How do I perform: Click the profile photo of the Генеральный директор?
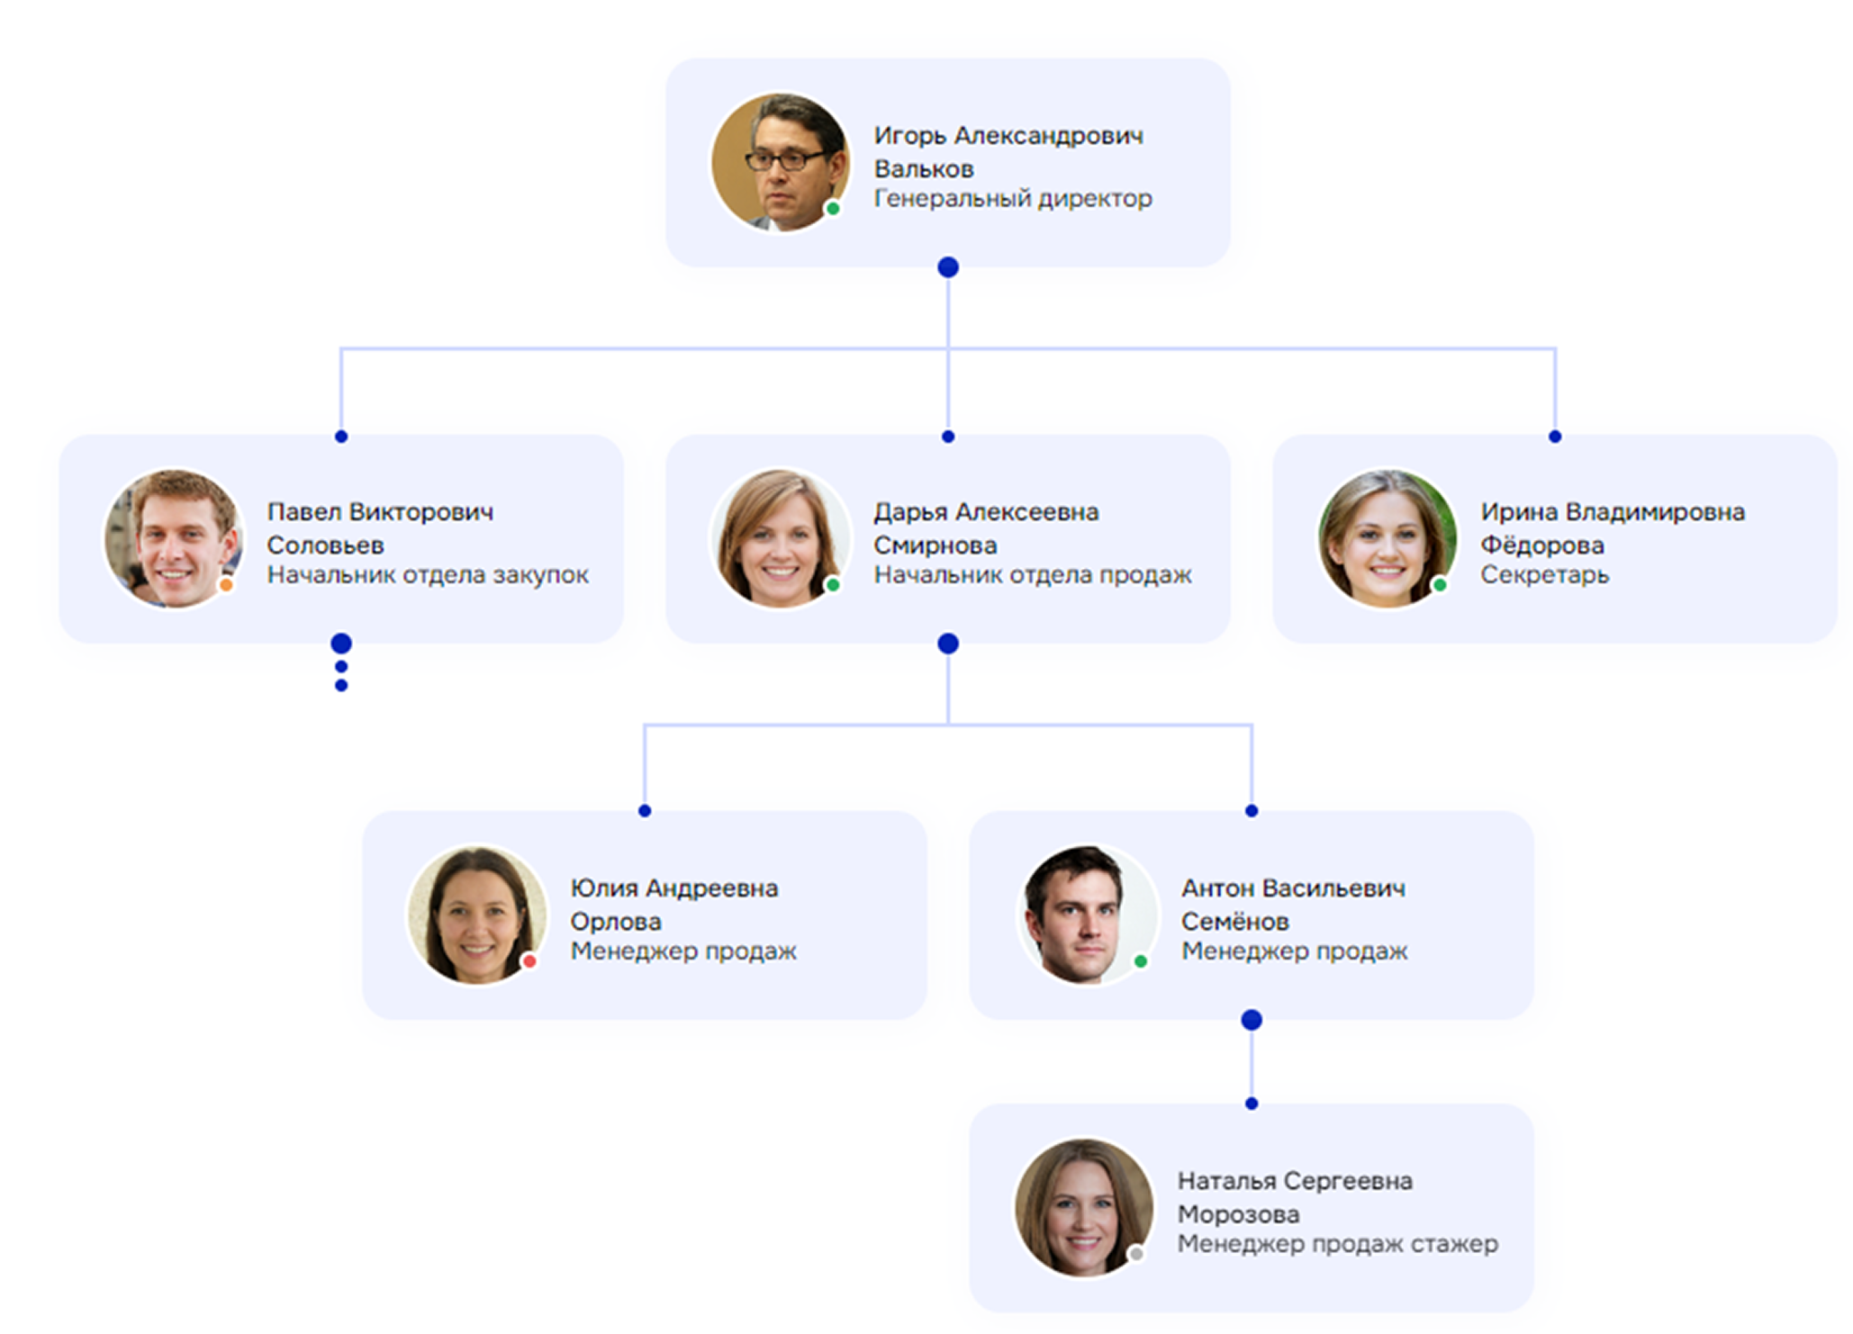tap(780, 162)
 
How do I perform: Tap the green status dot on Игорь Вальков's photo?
tap(833, 209)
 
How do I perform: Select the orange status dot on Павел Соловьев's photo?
tap(226, 585)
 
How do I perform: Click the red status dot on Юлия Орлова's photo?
tap(529, 961)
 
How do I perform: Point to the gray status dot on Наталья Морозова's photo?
tap(1136, 1254)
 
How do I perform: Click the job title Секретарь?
tap(1544, 574)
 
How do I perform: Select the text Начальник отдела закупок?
tap(428, 574)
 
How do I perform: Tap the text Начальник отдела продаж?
tap(1033, 574)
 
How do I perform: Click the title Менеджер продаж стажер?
tap(1338, 1244)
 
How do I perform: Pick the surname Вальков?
tap(924, 168)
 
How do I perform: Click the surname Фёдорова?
tap(1542, 545)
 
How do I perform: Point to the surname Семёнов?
tap(1235, 921)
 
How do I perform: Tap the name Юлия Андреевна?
tap(674, 888)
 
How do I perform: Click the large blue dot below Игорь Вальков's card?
tap(948, 267)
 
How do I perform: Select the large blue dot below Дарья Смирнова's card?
tap(948, 644)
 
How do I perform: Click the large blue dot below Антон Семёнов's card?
tap(1252, 1020)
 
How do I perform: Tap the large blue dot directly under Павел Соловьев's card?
tap(341, 644)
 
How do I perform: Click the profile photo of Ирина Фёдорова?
tap(1387, 538)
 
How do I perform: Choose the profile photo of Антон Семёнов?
tap(1085, 915)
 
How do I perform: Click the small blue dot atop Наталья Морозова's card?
tap(1252, 1104)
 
